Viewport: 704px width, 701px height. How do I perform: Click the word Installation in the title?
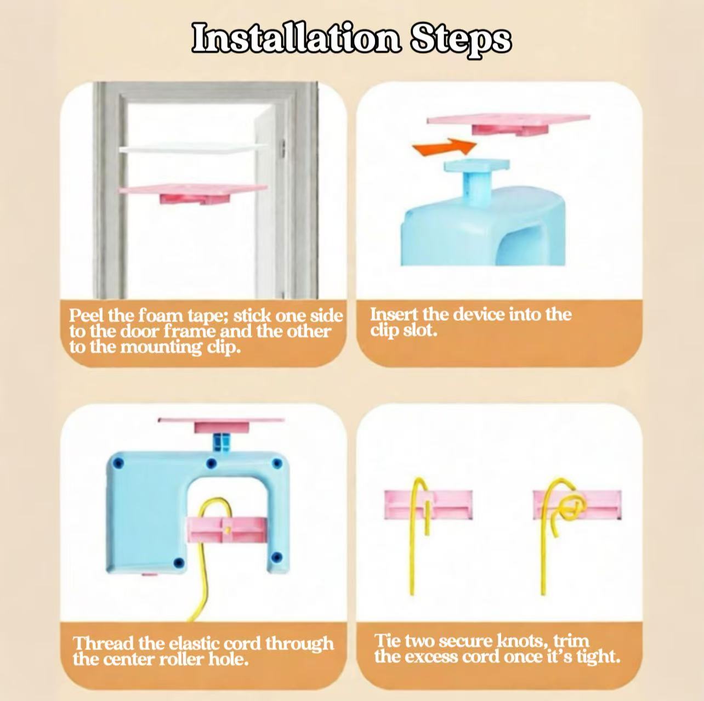[x=297, y=38]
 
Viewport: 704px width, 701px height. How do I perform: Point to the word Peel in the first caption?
[x=87, y=315]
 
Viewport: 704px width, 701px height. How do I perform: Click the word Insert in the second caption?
[x=393, y=314]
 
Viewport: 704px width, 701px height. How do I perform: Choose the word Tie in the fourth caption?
[x=387, y=641]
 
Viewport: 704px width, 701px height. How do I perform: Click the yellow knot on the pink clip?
[x=572, y=508]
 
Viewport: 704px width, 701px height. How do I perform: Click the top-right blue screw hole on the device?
[x=277, y=463]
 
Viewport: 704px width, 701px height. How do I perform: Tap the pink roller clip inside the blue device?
[x=225, y=530]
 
